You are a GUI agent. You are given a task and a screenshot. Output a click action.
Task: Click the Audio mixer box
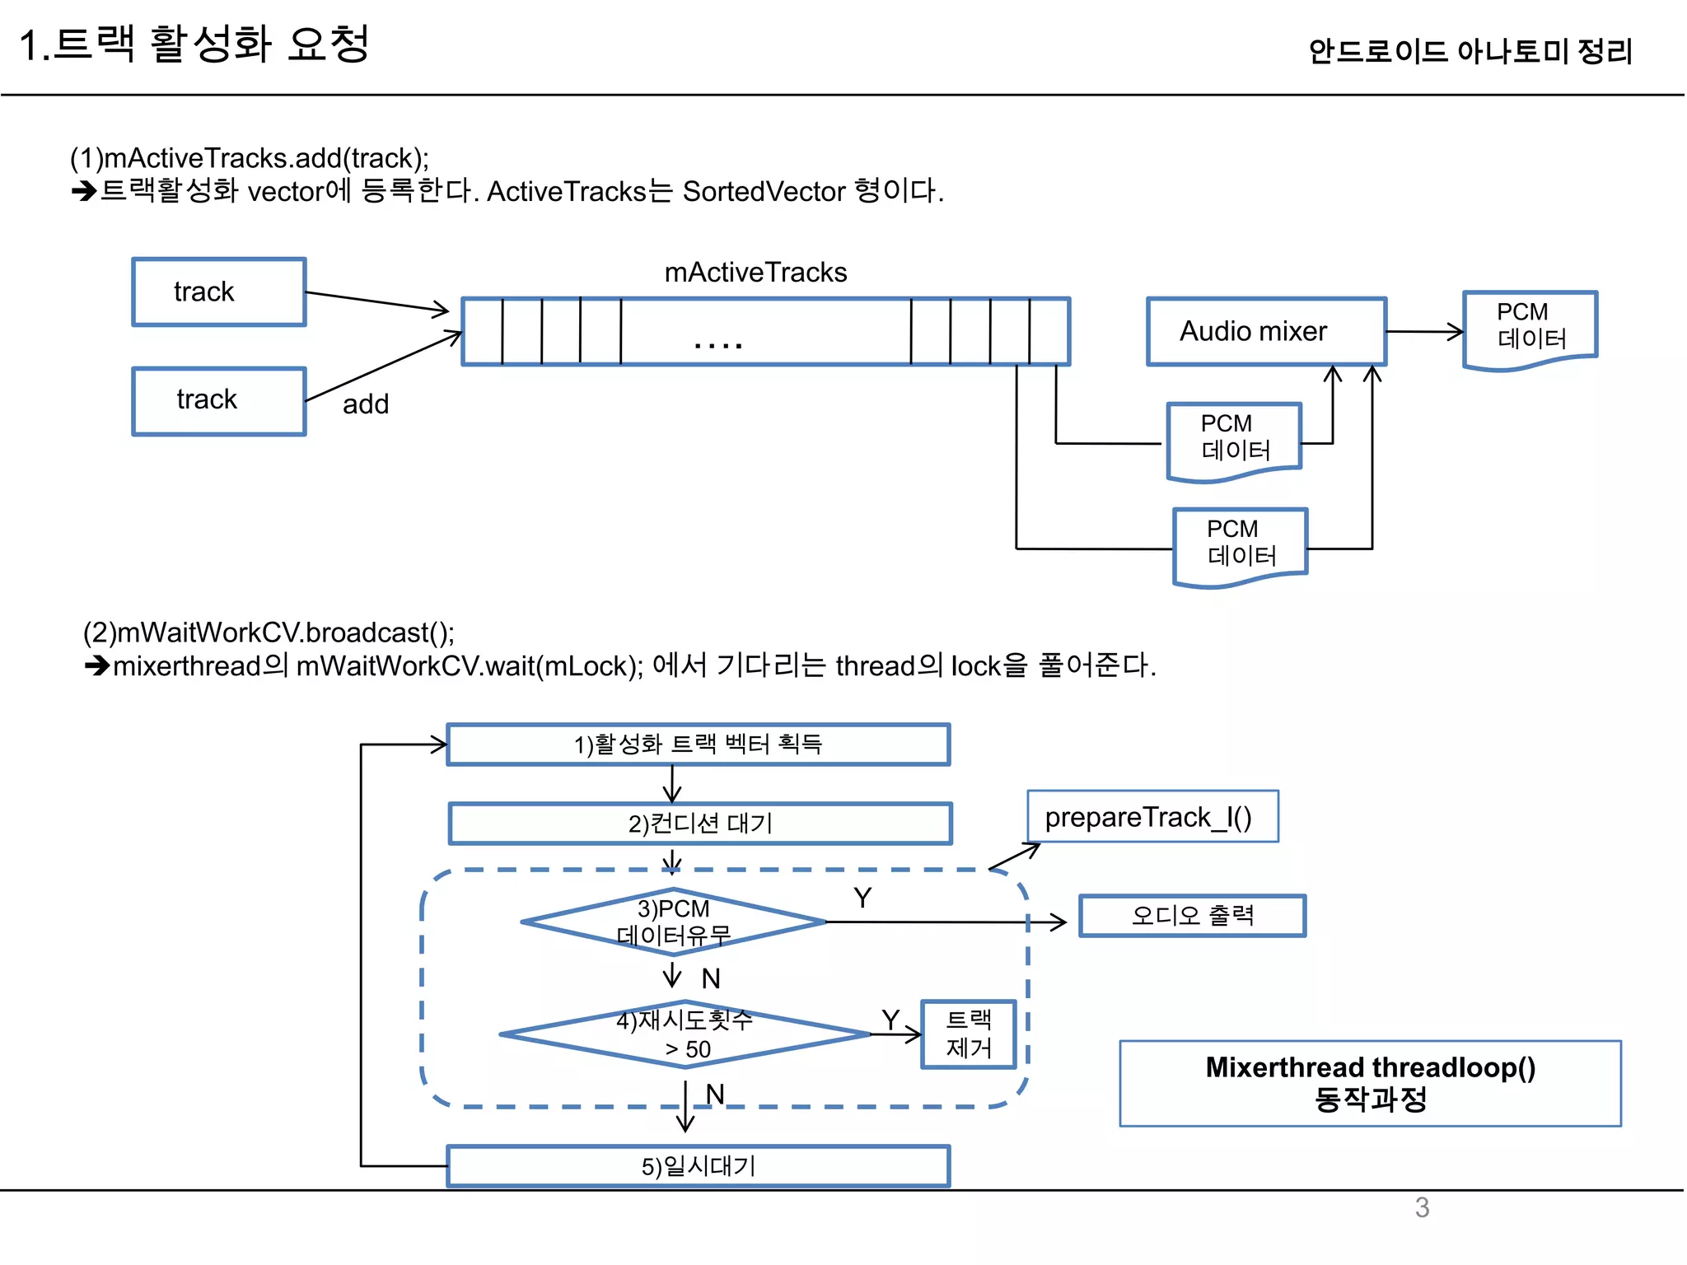[1265, 332]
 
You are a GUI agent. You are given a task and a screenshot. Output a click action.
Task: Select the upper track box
[218, 292]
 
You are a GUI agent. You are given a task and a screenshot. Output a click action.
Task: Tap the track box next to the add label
[218, 401]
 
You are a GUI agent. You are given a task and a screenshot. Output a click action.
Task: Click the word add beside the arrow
[365, 404]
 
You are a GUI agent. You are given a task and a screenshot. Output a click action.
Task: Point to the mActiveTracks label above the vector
[755, 273]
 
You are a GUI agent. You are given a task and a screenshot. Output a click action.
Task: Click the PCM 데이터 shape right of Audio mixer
[1530, 328]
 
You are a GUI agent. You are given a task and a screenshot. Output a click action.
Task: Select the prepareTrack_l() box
[1152, 817]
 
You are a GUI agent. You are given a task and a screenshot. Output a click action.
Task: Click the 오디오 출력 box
[1192, 916]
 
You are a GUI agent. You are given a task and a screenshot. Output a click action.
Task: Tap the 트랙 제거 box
[968, 1034]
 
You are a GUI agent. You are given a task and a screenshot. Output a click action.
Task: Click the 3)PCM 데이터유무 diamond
[673, 922]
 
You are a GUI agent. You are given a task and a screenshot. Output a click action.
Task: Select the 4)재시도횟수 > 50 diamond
[684, 1034]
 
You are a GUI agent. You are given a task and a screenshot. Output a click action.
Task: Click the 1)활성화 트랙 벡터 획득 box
[698, 745]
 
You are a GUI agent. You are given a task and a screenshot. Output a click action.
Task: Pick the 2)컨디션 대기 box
[700, 824]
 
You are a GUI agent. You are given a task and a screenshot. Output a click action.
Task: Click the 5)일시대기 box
[698, 1166]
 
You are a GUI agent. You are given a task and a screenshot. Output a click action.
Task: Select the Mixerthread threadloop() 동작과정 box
[1370, 1083]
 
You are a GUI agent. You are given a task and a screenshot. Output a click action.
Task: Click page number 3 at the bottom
[1422, 1208]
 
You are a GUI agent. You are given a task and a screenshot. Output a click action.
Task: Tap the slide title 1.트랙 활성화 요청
[194, 44]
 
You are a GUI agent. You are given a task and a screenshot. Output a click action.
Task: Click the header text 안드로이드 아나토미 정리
[1470, 51]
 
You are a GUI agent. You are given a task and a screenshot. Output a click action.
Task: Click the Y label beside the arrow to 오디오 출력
[862, 898]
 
